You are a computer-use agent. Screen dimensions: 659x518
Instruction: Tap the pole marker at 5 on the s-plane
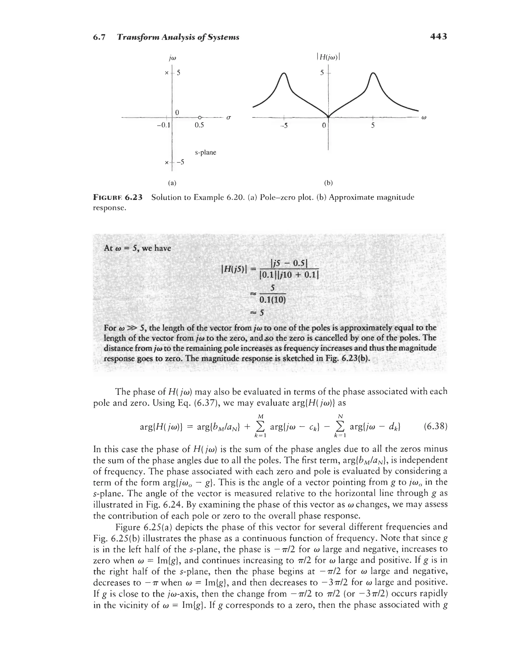[166, 73]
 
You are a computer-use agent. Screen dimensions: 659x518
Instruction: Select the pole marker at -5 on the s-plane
[166, 163]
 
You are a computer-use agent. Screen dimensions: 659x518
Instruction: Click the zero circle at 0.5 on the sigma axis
[199, 117]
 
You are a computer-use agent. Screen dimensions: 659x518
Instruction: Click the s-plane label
[205, 152]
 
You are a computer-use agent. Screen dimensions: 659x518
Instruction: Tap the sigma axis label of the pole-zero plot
[229, 118]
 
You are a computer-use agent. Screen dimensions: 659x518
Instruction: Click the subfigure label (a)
[172, 183]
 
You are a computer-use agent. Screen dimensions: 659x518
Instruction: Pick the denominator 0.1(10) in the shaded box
[273, 300]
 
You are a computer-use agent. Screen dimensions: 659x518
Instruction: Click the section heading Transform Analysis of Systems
[178, 37]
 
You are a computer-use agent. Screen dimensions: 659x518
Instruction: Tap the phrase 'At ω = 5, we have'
[137, 248]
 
